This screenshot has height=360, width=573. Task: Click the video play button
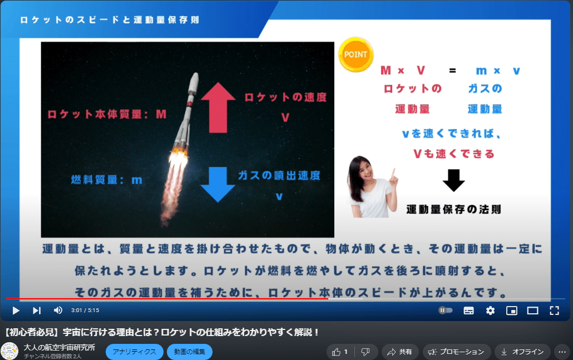16,310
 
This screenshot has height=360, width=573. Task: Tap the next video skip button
37,310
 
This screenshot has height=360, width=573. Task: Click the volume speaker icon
58,310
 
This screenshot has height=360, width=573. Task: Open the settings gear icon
490,310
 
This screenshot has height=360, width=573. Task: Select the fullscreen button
554,310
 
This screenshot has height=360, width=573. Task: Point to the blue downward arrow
218,184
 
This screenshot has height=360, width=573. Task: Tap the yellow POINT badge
355,55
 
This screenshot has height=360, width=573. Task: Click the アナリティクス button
135,352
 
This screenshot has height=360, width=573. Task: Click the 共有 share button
400,352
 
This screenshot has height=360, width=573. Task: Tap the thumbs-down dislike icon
365,352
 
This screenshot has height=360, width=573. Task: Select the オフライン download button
522,352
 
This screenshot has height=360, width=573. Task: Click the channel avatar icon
9,352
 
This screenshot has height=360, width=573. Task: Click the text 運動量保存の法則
453,210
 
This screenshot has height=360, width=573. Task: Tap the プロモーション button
457,352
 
